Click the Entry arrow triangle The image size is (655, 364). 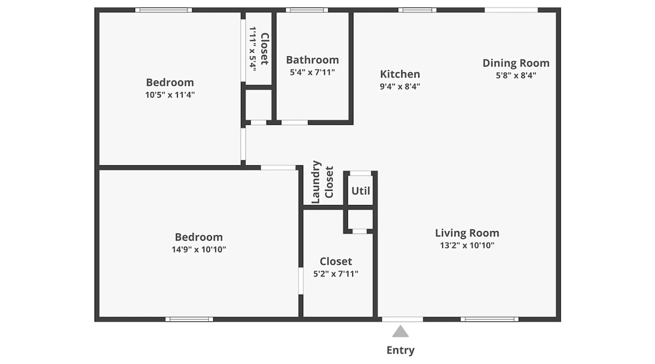[400, 332]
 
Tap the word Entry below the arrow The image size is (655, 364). [400, 350]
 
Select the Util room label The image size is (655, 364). [361, 191]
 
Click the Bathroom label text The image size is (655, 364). [312, 60]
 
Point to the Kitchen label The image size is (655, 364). [400, 74]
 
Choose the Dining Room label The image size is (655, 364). [516, 63]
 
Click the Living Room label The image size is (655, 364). [467, 233]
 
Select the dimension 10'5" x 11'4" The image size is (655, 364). [170, 95]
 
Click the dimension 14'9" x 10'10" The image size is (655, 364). [199, 249]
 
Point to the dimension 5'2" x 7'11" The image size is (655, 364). [336, 274]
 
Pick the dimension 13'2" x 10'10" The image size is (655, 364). [467, 245]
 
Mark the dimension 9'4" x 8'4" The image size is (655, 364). [400, 87]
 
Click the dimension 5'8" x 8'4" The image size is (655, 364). [516, 75]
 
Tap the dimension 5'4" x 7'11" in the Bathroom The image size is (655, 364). [312, 72]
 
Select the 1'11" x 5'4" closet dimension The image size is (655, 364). [253, 49]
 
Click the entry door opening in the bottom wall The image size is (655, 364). [402, 319]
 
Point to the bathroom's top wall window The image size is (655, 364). [307, 10]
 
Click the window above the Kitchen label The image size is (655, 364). [417, 10]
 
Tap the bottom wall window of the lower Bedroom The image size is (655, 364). [189, 319]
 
